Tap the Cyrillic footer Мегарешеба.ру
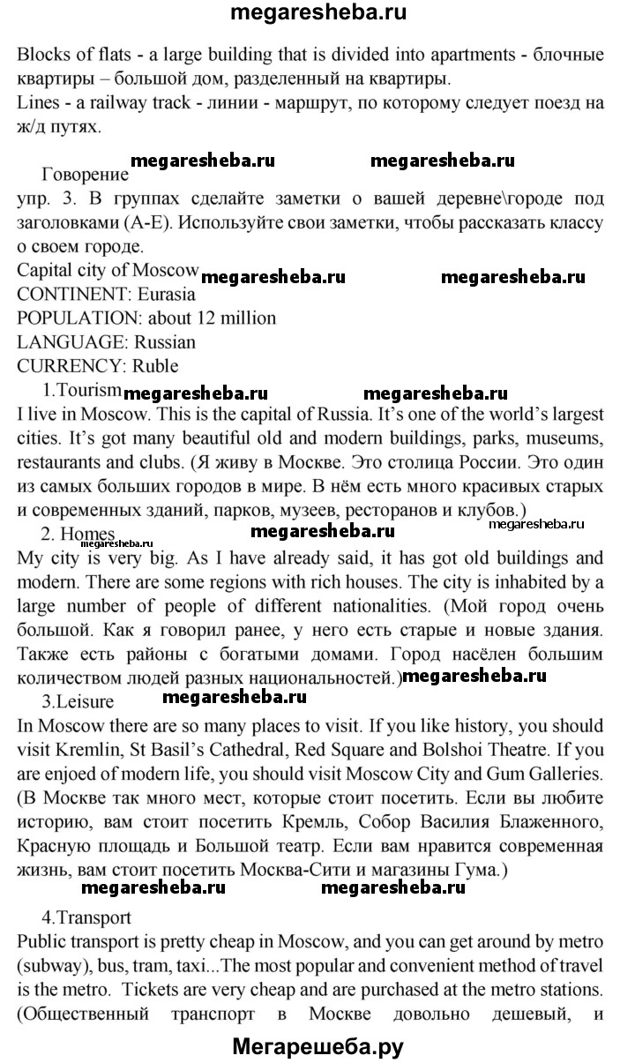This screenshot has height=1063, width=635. pyautogui.click(x=317, y=1047)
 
